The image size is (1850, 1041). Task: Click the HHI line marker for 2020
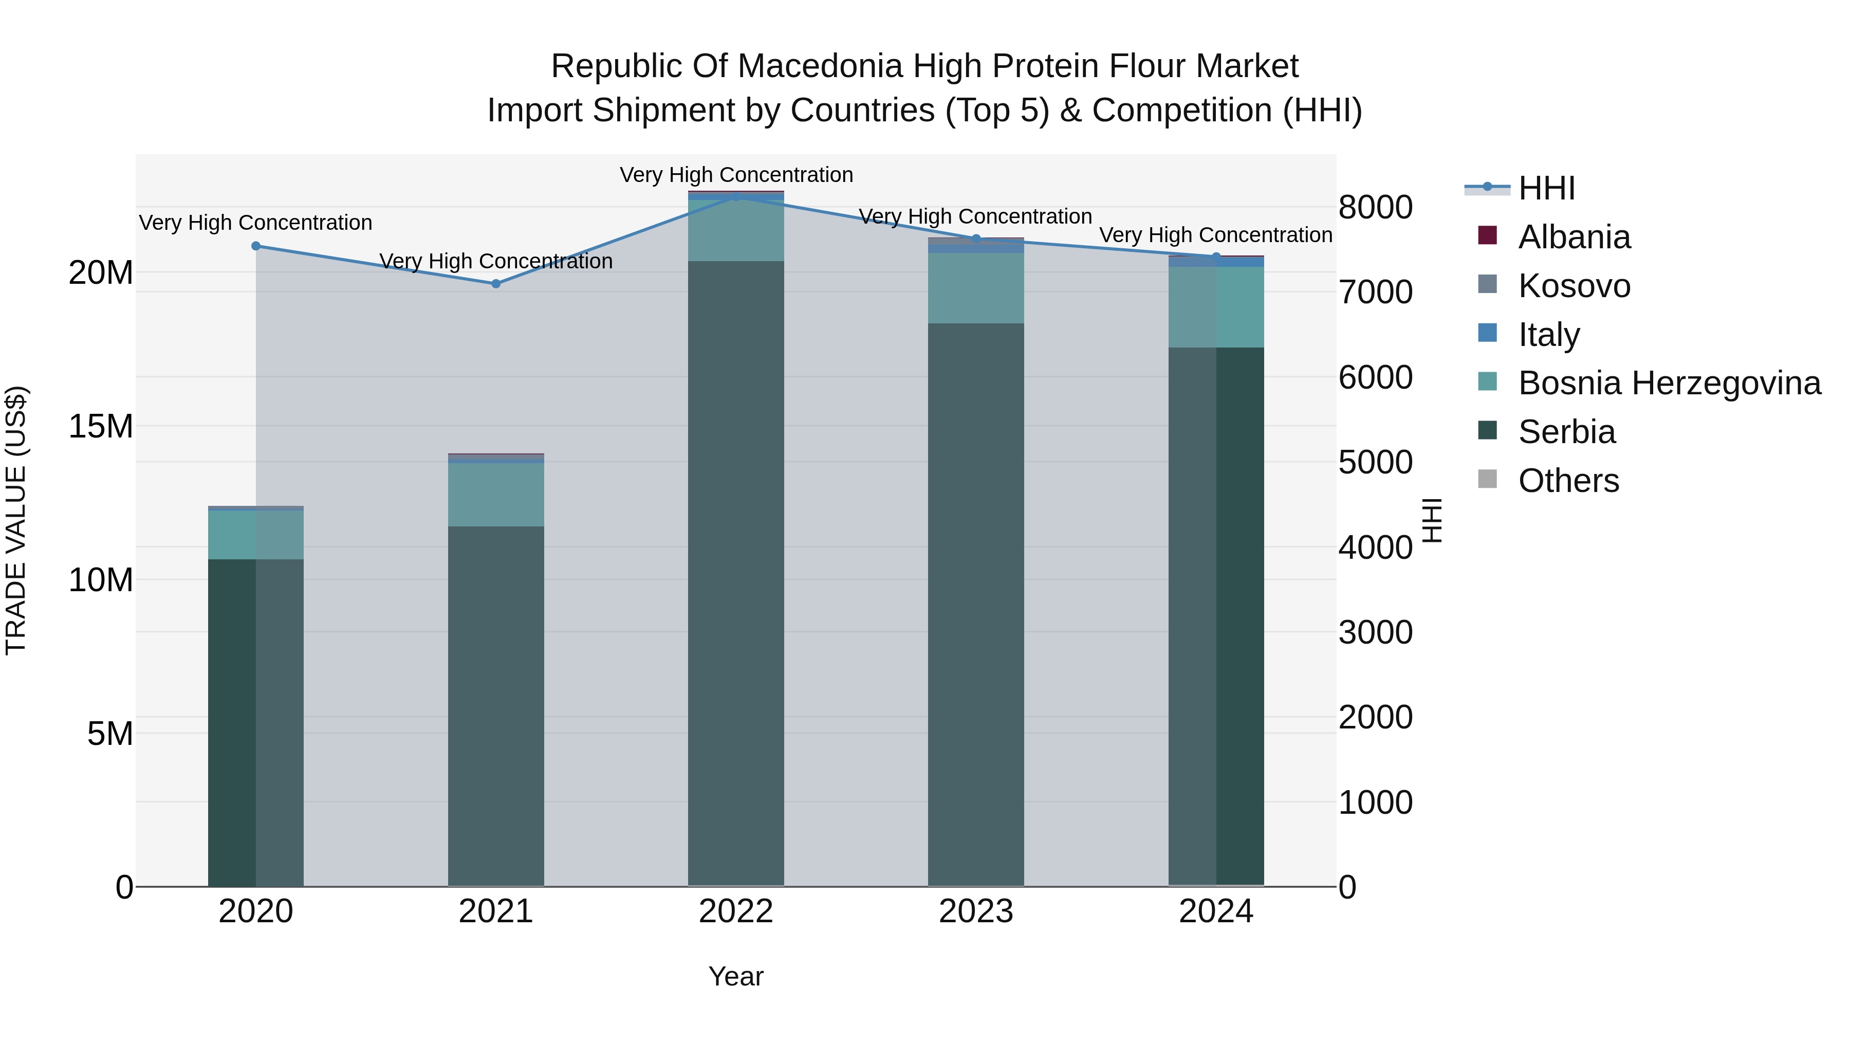coord(256,246)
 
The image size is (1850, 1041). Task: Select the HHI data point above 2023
coord(976,239)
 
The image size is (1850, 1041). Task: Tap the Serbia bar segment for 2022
coord(735,575)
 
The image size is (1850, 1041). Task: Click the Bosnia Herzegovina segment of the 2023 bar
coord(976,287)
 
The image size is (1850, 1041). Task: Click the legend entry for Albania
coord(1574,237)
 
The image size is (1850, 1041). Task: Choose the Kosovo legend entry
coord(1574,286)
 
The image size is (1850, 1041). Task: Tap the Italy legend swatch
coord(1487,333)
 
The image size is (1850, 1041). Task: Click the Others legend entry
coord(1568,481)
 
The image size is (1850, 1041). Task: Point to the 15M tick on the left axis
coord(101,426)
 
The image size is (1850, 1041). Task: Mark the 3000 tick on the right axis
coord(1375,632)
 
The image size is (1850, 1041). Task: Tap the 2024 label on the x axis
coord(1216,911)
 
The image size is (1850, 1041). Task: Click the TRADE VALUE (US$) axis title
coord(16,520)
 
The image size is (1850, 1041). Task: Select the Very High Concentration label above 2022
coord(736,175)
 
